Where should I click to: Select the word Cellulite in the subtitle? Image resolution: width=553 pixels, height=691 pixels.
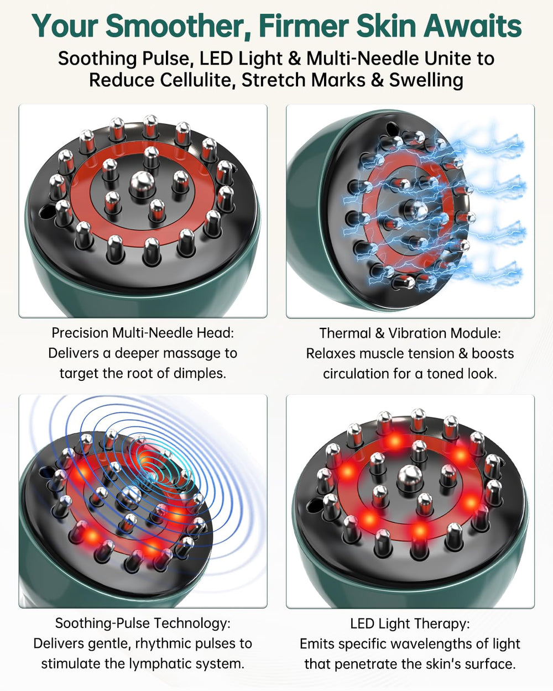[x=196, y=80]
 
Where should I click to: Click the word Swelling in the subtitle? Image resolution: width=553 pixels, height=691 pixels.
[x=426, y=80]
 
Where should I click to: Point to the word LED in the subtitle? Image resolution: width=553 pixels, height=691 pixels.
[x=215, y=59]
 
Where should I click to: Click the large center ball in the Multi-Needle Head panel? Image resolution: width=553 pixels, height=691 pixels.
[x=142, y=184]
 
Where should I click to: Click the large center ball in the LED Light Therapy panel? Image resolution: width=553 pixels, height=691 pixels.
[x=410, y=479]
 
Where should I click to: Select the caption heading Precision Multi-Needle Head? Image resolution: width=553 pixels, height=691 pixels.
[x=143, y=333]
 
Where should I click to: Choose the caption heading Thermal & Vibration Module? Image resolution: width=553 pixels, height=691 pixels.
[x=410, y=333]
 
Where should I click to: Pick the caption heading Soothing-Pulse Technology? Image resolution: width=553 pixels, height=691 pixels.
[x=143, y=623]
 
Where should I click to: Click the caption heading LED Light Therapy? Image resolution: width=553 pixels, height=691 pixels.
[x=410, y=624]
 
